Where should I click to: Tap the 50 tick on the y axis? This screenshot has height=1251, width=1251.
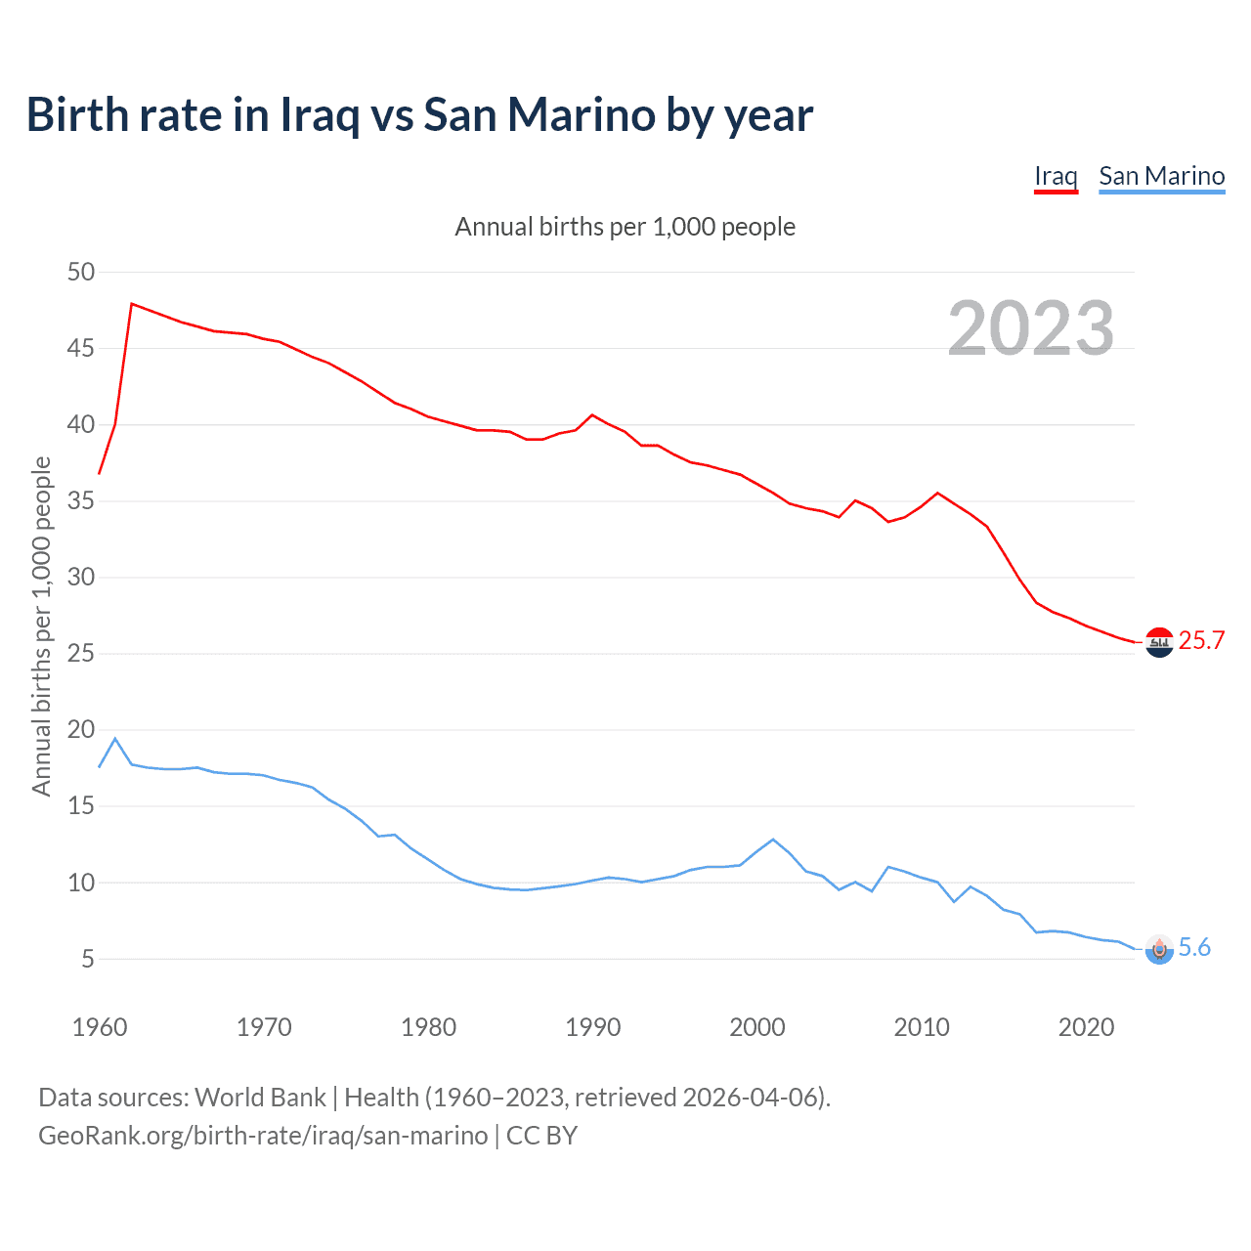[81, 272]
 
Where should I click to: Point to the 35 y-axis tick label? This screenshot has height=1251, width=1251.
[81, 501]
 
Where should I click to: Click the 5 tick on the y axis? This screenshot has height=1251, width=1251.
[88, 959]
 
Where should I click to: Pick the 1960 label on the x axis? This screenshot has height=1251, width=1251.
[100, 1027]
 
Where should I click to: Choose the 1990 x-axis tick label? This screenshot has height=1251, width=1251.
[593, 1027]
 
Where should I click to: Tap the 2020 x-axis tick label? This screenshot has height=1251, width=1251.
[1086, 1027]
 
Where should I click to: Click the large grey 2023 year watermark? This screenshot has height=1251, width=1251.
[1031, 328]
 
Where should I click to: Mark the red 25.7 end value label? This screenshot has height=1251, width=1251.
[1201, 640]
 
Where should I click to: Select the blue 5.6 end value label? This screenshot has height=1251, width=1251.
[1194, 947]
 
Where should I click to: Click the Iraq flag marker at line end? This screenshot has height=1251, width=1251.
[1159, 642]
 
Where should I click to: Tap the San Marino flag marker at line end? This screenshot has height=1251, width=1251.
[1159, 949]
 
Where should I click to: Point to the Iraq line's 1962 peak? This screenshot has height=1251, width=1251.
[132, 304]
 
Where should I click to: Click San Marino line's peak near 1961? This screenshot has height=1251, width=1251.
[115, 739]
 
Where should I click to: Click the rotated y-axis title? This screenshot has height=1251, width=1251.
[41, 625]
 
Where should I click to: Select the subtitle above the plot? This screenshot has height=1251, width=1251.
[625, 227]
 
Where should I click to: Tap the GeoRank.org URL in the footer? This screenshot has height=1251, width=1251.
[263, 1136]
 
